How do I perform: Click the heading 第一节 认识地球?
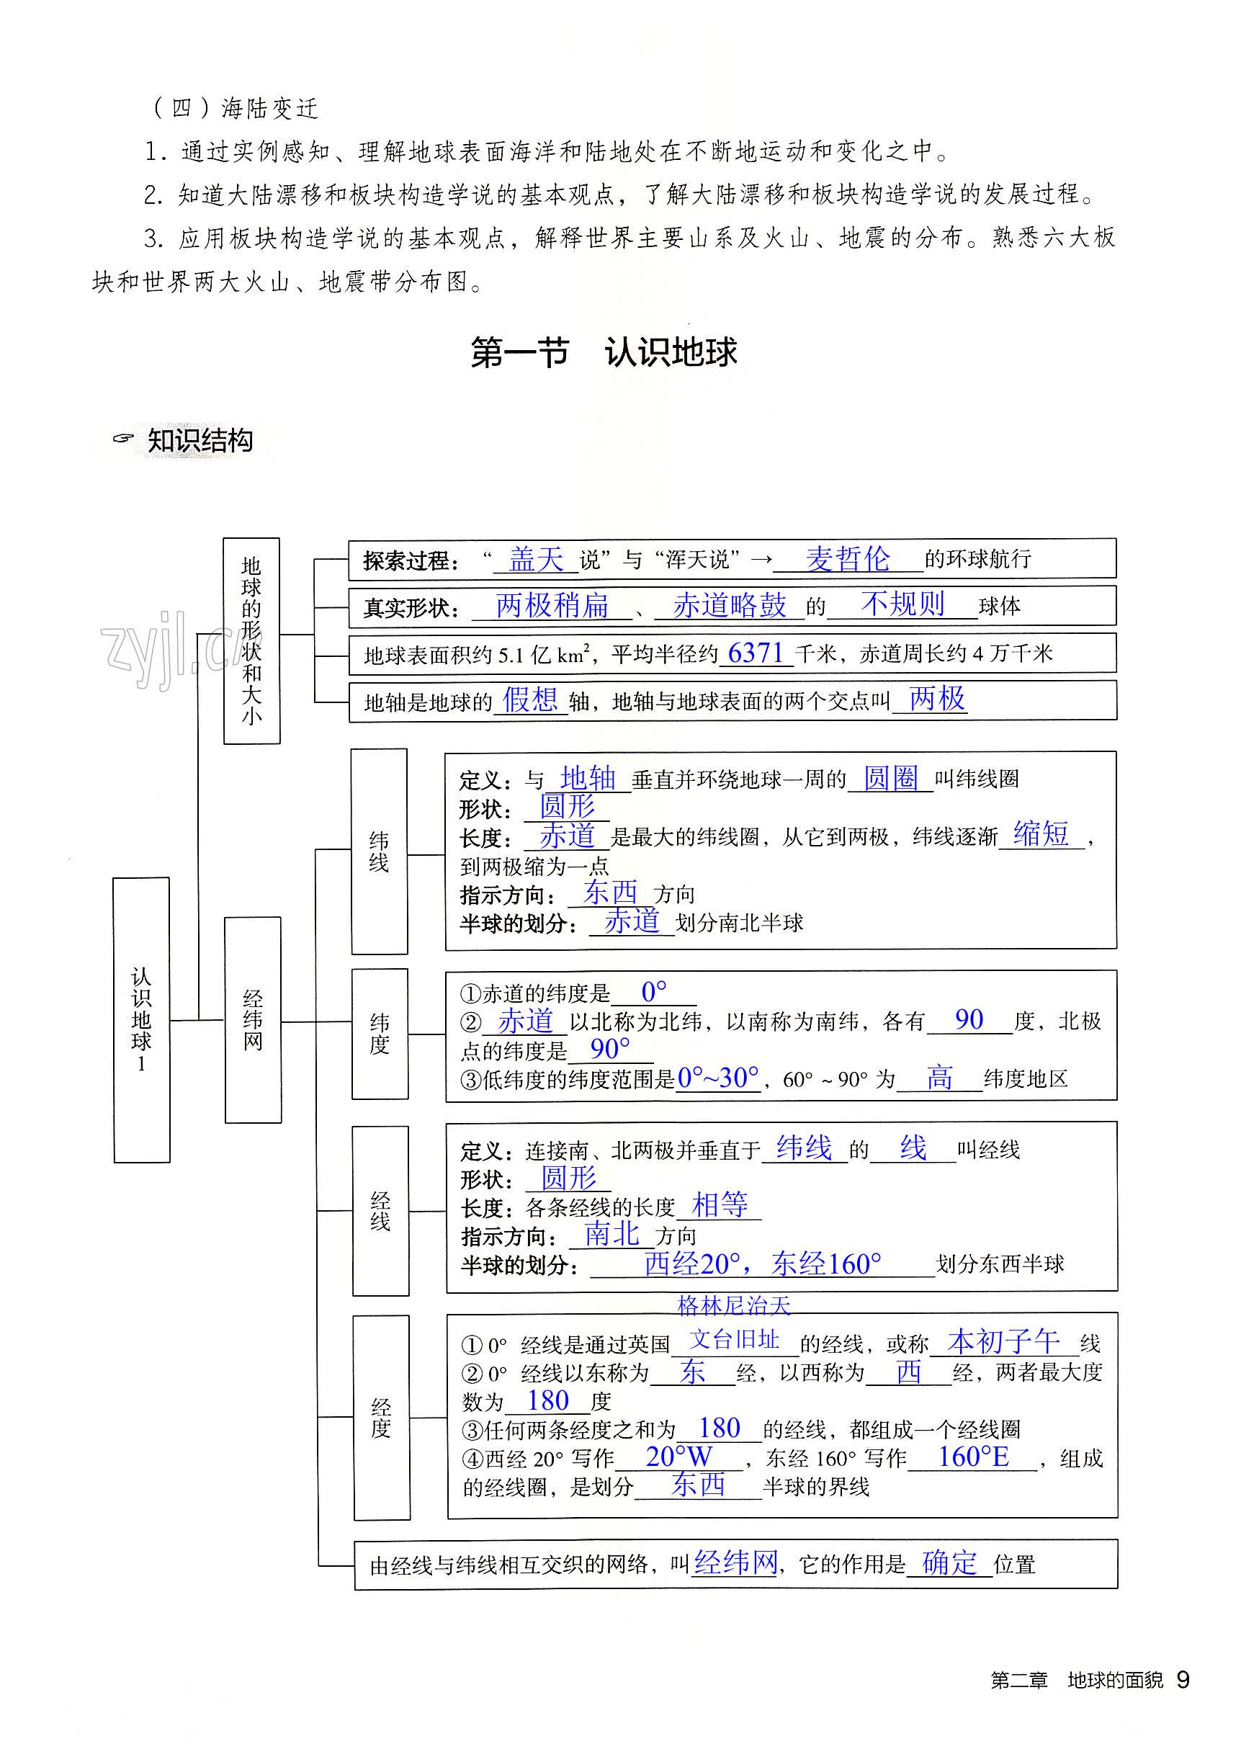[x=604, y=353]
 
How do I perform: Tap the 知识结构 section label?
[x=200, y=441]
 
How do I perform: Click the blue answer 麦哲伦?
[x=847, y=559]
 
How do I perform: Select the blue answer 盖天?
[x=536, y=560]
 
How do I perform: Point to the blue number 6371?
[x=756, y=653]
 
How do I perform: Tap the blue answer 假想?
[x=529, y=700]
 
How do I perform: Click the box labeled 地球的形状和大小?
[x=252, y=641]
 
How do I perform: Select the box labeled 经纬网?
[x=253, y=1020]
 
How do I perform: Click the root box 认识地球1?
[x=141, y=1020]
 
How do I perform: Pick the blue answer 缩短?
[x=1041, y=833]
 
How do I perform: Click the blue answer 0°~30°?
[x=718, y=1078]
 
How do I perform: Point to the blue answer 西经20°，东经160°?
[x=762, y=1264]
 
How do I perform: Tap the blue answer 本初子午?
[x=1003, y=1342]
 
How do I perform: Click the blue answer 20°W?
[x=678, y=1457]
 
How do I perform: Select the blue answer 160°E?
[x=973, y=1457]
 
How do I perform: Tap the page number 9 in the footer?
[x=1183, y=1680]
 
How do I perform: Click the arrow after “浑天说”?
[x=761, y=560]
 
